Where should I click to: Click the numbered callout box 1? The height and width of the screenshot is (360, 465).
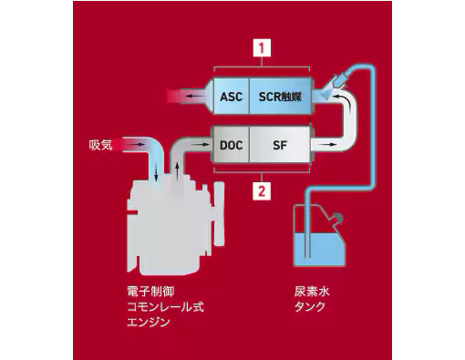(x=261, y=46)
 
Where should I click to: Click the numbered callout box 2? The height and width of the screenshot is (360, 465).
(x=261, y=191)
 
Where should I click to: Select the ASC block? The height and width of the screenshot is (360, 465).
(x=232, y=95)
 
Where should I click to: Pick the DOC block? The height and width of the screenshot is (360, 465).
(x=231, y=144)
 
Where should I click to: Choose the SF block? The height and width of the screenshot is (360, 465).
(x=280, y=144)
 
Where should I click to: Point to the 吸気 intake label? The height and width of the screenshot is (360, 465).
(x=100, y=144)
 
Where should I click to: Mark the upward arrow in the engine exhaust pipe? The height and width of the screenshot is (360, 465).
(x=178, y=170)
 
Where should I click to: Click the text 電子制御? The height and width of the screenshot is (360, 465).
(x=149, y=293)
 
